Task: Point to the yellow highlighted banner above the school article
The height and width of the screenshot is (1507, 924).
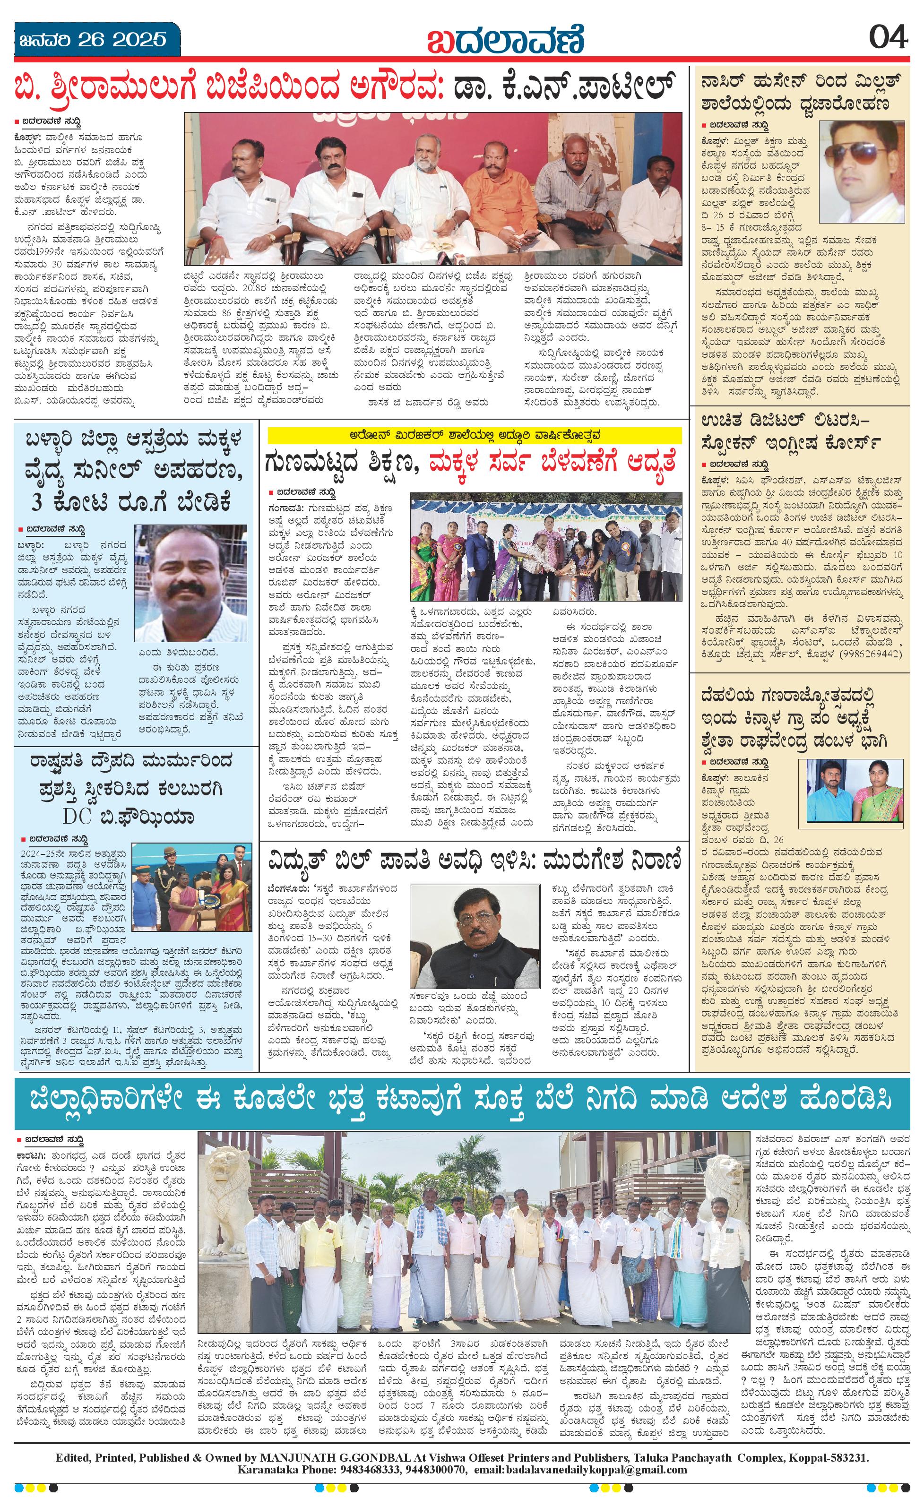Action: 474,435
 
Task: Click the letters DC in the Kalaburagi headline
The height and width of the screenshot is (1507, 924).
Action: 77,817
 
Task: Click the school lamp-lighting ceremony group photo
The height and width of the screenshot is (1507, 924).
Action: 546,549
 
